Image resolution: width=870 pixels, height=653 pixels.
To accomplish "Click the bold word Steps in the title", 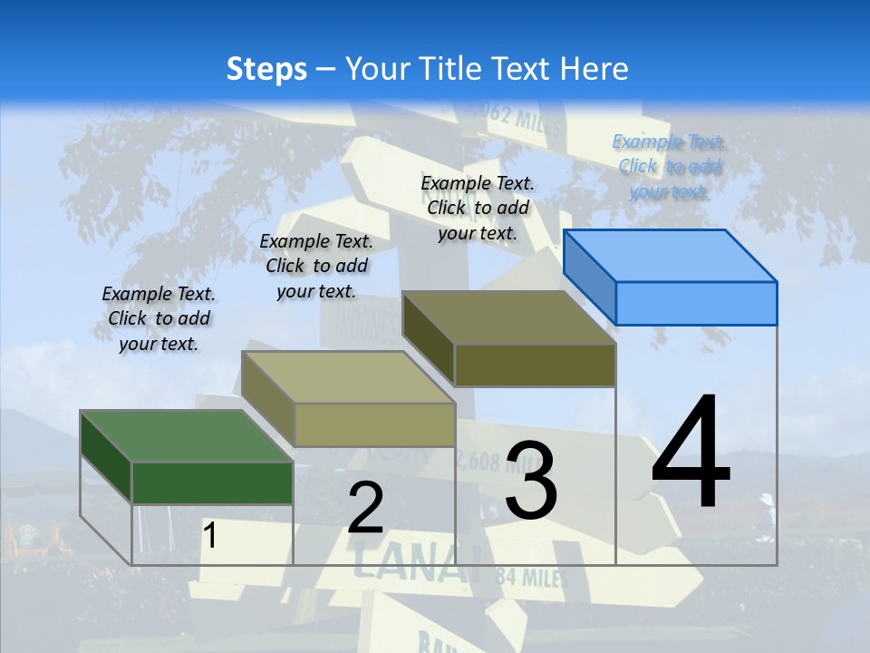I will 266,69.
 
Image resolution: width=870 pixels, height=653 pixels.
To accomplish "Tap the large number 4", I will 691,453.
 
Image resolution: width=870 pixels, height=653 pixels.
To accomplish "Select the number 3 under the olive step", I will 531,480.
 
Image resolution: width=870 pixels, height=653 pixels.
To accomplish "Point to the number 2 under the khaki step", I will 365,508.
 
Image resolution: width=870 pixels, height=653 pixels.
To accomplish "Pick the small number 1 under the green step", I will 209,535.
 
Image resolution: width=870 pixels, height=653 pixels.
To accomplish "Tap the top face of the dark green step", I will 185,435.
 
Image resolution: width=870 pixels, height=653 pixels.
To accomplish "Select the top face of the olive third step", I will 508,317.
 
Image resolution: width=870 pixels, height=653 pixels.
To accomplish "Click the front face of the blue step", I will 696,303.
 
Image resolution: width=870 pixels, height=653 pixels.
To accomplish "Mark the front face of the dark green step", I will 212,482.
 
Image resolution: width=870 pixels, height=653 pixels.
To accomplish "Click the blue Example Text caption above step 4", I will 669,166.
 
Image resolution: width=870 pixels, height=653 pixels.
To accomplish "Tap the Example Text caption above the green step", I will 159,318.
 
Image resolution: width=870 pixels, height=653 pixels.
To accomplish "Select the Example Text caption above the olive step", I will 478,208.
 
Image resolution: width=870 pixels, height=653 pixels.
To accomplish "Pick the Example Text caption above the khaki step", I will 316,266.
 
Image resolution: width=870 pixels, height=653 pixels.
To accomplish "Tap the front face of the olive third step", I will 535,365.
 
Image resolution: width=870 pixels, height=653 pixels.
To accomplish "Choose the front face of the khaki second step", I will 374,424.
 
